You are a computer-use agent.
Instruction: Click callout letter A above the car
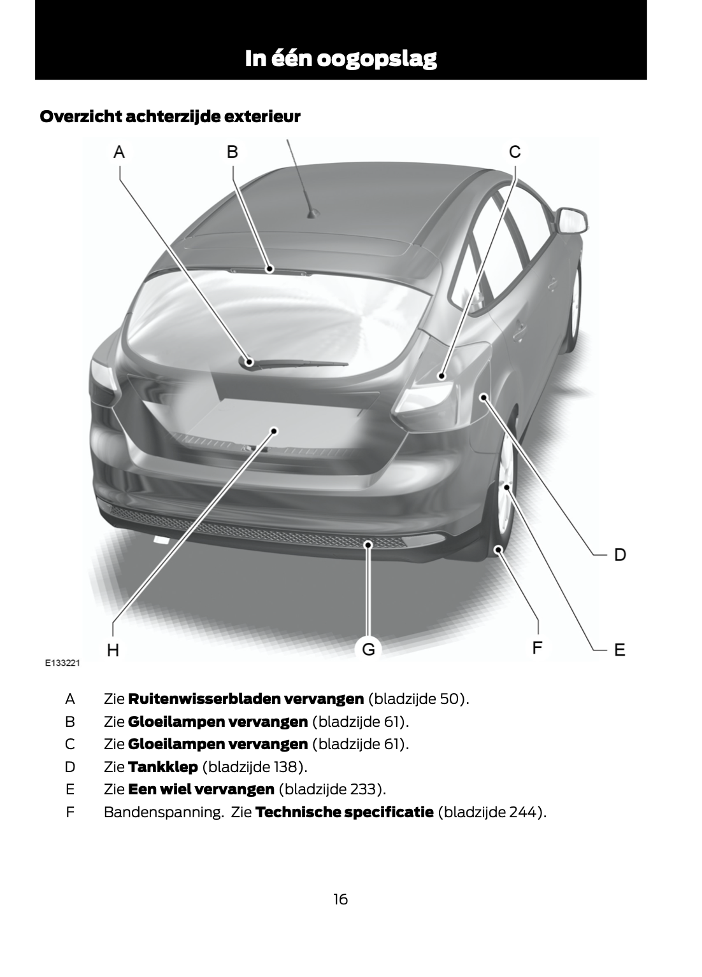click(119, 152)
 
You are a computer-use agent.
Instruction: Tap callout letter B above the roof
click(233, 151)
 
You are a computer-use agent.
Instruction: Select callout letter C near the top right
click(515, 151)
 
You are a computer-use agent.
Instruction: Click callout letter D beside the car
click(620, 555)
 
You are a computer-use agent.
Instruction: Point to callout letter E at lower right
click(620, 650)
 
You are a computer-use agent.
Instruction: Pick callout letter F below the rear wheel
click(537, 648)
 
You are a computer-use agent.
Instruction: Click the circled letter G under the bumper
click(368, 649)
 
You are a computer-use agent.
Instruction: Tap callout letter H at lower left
click(113, 650)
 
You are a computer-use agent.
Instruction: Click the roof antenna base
click(313, 214)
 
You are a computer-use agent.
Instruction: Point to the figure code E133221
click(63, 663)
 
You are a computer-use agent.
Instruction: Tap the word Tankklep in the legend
click(163, 766)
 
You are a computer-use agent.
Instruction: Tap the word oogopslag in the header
click(376, 60)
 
